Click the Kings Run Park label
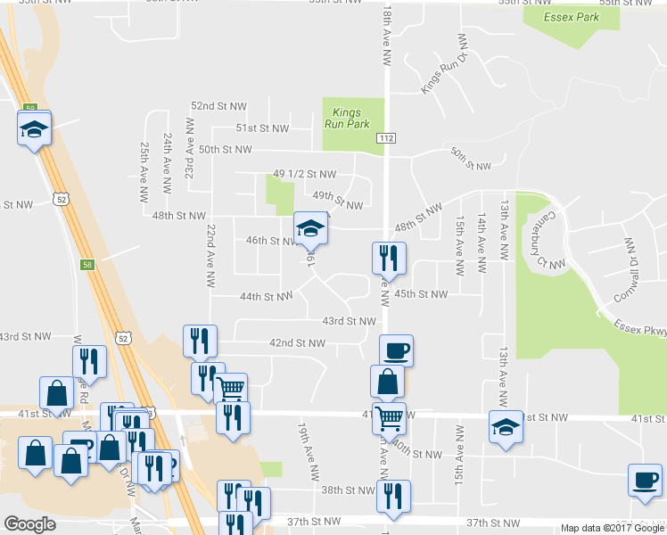(x=352, y=119)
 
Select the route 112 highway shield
(x=386, y=138)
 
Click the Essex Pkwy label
(x=638, y=324)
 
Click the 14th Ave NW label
(x=482, y=243)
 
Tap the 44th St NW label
(x=266, y=297)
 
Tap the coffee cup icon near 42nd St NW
(x=396, y=350)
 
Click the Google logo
(x=29, y=524)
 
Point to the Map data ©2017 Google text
(x=613, y=528)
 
